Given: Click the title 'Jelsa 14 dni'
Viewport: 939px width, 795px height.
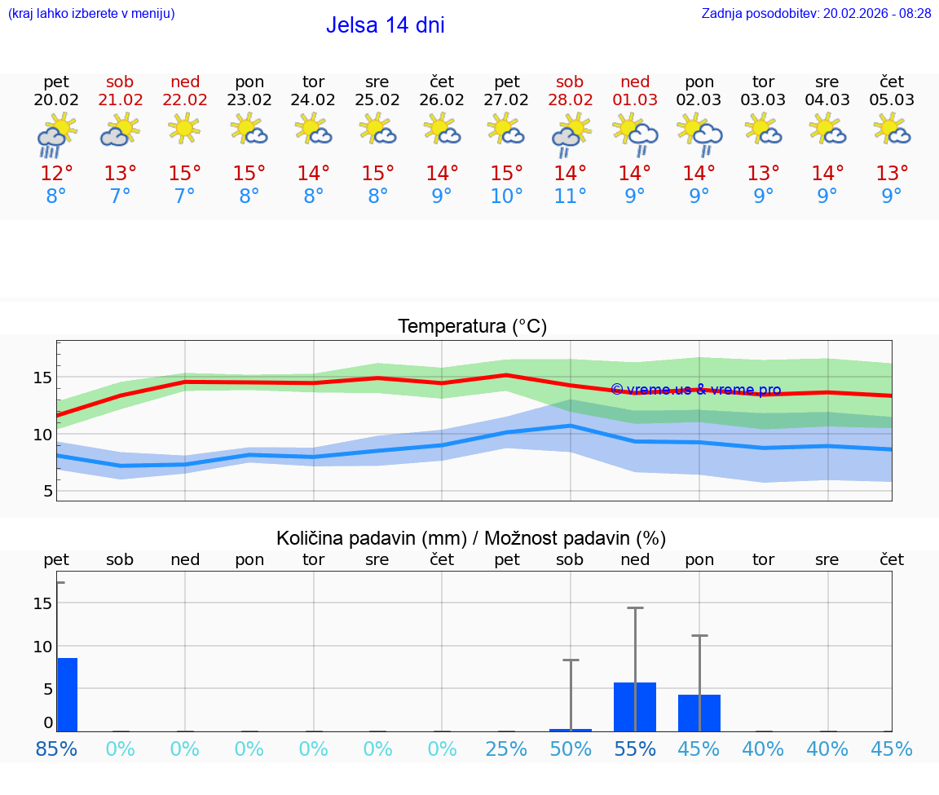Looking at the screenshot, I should (385, 25).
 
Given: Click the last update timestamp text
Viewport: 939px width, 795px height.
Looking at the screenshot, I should (816, 14).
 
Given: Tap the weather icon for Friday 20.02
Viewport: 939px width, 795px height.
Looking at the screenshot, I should (56, 135).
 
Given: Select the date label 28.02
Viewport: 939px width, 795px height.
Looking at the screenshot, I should (570, 100).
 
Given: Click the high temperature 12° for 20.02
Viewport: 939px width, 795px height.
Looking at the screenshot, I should (56, 174).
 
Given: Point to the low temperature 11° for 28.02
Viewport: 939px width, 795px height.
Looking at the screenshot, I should (570, 196).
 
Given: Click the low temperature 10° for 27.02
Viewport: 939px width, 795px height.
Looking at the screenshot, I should (506, 196).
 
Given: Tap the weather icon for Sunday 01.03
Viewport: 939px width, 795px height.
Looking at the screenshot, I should (635, 132).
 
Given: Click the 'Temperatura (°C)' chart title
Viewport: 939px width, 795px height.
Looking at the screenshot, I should (472, 327).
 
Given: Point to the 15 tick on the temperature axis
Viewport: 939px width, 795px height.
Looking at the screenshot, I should (43, 378).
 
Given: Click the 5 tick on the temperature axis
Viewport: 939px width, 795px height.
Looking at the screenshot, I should (48, 491).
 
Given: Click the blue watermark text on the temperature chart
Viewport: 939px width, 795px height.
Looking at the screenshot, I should (695, 390).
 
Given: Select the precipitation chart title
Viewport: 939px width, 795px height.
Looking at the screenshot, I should (471, 538).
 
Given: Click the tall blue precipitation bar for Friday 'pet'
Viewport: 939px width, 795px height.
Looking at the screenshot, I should (67, 695).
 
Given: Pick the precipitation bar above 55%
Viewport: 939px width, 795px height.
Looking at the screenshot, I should (635, 707).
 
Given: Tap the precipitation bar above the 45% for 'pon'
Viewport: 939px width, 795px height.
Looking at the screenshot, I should (699, 713).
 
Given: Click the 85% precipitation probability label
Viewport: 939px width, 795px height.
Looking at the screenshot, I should (56, 749).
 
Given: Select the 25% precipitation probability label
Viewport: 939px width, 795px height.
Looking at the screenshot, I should (506, 749).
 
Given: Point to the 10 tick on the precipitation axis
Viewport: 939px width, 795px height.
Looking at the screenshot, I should (42, 647).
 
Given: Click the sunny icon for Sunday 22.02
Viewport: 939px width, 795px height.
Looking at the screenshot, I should (185, 128).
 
